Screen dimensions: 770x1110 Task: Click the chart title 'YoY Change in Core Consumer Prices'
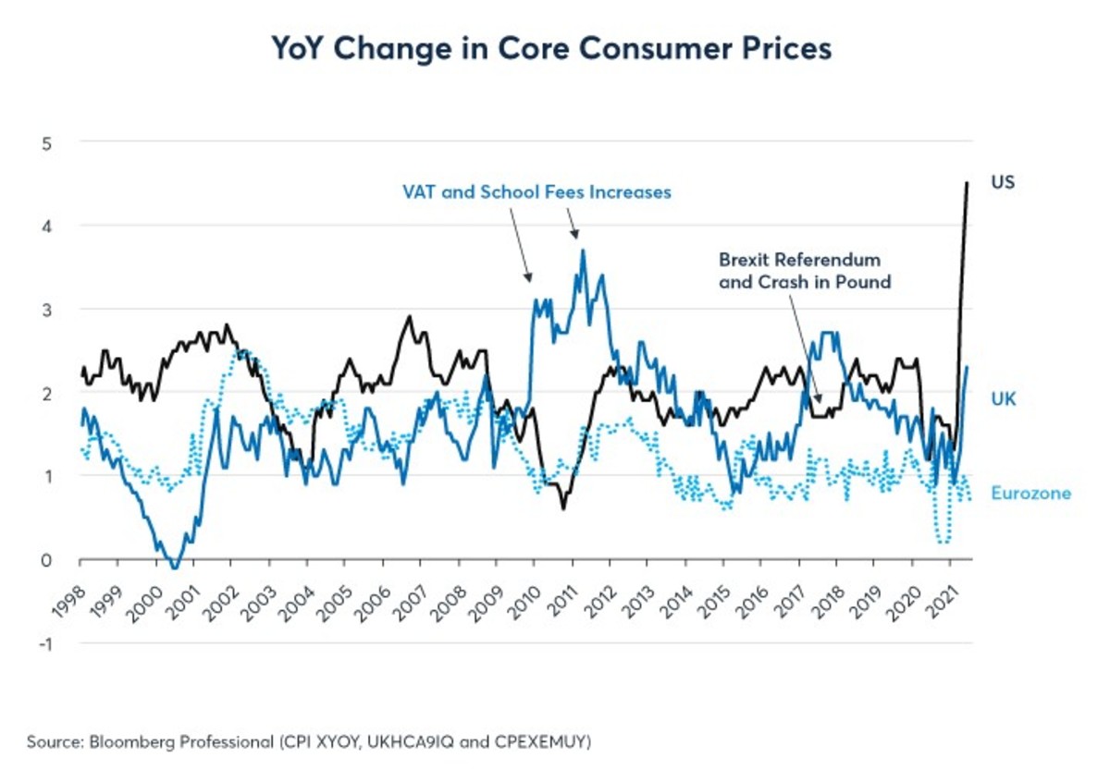click(551, 49)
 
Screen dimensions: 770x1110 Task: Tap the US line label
click(1003, 182)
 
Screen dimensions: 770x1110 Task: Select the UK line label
click(1004, 398)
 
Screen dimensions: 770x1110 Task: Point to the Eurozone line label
click(1030, 494)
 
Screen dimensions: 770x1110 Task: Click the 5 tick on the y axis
click(45, 142)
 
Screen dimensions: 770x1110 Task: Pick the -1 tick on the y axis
click(43, 643)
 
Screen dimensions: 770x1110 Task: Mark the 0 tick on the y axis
click(45, 560)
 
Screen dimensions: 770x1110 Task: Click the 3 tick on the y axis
click(45, 310)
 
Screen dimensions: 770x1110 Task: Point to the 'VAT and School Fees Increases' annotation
click(536, 192)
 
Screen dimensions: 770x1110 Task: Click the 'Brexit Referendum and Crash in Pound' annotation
click(804, 270)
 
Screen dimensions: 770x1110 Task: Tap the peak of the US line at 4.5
click(967, 183)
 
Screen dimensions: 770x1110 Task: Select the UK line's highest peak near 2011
click(582, 251)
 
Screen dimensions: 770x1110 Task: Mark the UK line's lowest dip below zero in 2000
click(175, 567)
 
